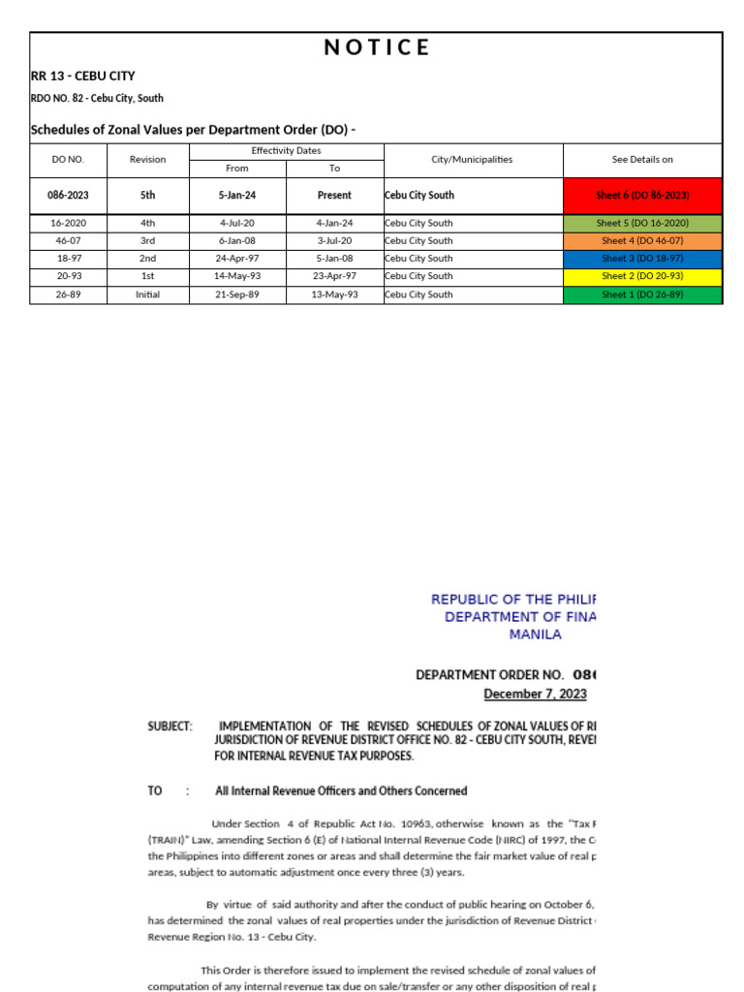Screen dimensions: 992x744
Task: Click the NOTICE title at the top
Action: coord(376,47)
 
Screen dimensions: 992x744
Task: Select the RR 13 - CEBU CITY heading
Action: coord(83,76)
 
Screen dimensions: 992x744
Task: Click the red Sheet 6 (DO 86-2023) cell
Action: coord(642,195)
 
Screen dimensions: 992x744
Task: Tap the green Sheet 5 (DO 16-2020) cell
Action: coord(642,223)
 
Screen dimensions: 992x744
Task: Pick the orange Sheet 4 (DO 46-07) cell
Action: coord(642,240)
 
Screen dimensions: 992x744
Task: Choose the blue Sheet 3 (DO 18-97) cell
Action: coord(642,259)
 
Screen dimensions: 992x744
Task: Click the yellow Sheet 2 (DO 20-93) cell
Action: coord(642,276)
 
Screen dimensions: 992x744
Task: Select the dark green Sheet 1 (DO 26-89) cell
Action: coord(642,294)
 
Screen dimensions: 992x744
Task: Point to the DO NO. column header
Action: coord(68,159)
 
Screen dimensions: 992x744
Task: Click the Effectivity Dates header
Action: coord(286,150)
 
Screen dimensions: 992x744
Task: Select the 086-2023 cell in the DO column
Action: coord(68,195)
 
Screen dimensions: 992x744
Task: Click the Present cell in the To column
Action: coord(334,195)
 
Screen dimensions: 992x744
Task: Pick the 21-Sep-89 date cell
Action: coord(237,294)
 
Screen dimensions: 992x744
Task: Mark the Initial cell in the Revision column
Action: coord(148,294)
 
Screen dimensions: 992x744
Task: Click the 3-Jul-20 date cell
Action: coord(334,240)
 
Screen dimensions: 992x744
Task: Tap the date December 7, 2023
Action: coord(535,694)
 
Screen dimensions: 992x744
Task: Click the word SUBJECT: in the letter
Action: coord(170,725)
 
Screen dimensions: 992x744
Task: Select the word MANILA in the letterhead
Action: coord(535,635)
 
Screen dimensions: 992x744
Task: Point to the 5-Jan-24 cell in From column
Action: coord(237,195)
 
